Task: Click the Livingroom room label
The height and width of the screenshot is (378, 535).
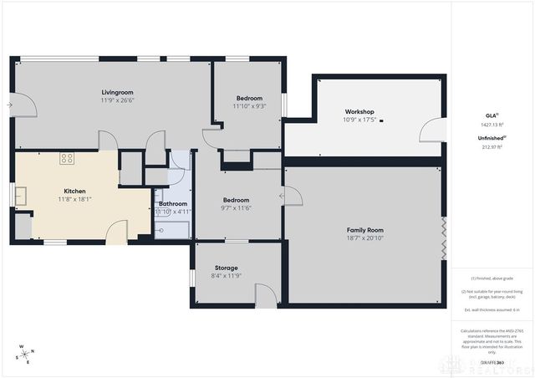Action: point(118,92)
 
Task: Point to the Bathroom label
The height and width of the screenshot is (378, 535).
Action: point(172,203)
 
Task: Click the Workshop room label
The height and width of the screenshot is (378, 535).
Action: point(359,112)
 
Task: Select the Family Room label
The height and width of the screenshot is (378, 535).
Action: point(364,229)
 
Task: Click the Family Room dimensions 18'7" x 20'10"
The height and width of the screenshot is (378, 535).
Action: point(364,238)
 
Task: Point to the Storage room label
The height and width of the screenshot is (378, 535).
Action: point(227,268)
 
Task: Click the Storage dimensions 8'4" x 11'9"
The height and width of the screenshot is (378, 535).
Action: point(227,277)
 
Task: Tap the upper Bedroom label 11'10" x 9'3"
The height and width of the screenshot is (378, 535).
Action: point(248,98)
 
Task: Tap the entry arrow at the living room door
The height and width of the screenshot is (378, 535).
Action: point(8,105)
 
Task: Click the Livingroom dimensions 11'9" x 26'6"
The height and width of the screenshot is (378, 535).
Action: point(118,101)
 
